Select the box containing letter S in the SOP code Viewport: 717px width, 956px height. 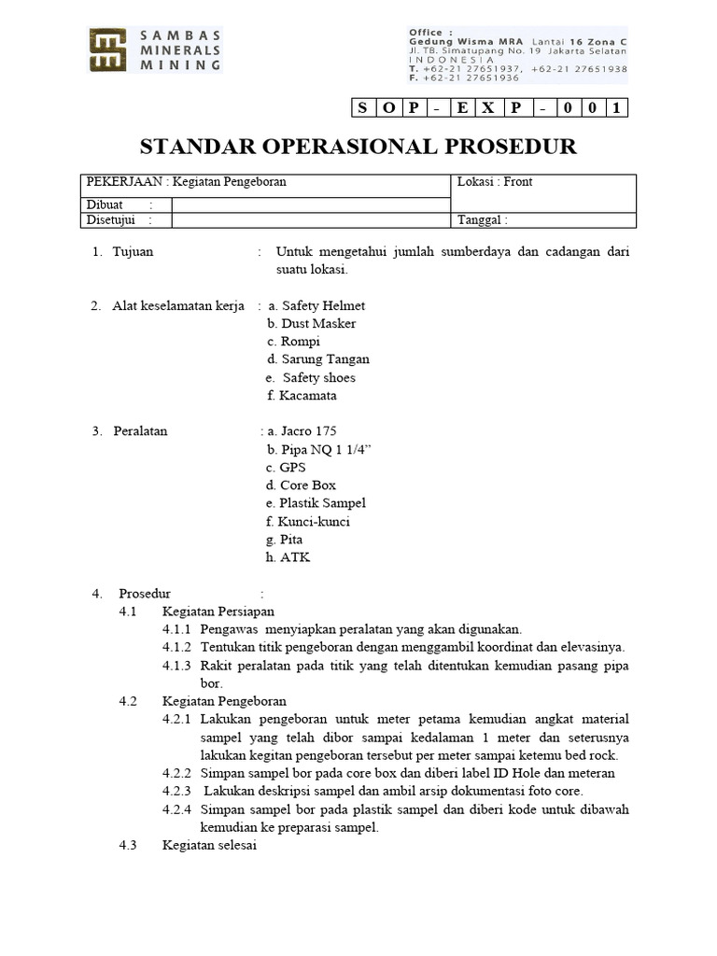tap(361, 108)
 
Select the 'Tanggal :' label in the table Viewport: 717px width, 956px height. tap(482, 220)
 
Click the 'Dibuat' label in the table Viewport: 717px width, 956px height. tap(105, 204)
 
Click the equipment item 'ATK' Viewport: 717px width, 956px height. tap(294, 557)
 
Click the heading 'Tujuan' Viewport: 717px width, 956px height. tap(133, 251)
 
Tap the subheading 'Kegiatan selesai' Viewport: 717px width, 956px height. tap(209, 845)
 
